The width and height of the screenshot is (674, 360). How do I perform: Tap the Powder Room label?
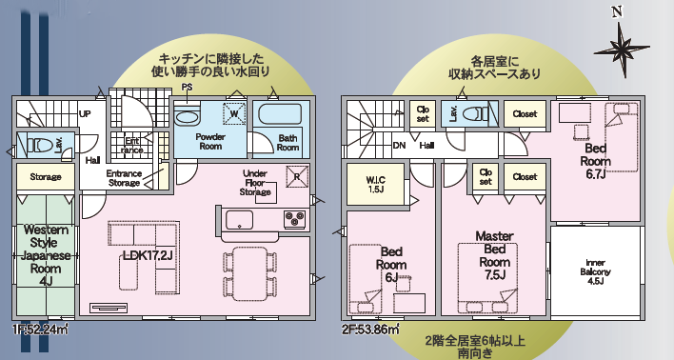(x=210, y=142)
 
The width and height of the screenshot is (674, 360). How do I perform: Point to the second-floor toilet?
(x=474, y=113)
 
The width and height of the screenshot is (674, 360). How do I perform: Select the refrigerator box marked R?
(x=297, y=176)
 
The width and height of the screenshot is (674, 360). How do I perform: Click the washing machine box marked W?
(x=234, y=114)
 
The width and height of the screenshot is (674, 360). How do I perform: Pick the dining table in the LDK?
(x=249, y=273)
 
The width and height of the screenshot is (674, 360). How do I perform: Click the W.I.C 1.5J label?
(x=376, y=184)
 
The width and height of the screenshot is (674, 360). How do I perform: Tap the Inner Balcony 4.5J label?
(x=595, y=271)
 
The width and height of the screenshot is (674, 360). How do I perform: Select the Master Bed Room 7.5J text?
(x=495, y=255)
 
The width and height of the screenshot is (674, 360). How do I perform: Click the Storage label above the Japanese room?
(x=46, y=177)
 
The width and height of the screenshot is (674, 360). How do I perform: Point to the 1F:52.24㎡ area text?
(x=40, y=330)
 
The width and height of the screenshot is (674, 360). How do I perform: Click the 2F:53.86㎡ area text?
(x=370, y=330)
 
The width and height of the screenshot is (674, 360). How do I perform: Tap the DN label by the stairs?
(x=399, y=146)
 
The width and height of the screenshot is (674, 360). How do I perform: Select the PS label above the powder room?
(x=187, y=88)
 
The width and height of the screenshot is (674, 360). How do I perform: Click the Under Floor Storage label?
(x=255, y=183)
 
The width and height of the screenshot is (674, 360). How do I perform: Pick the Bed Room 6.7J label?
(x=595, y=161)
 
